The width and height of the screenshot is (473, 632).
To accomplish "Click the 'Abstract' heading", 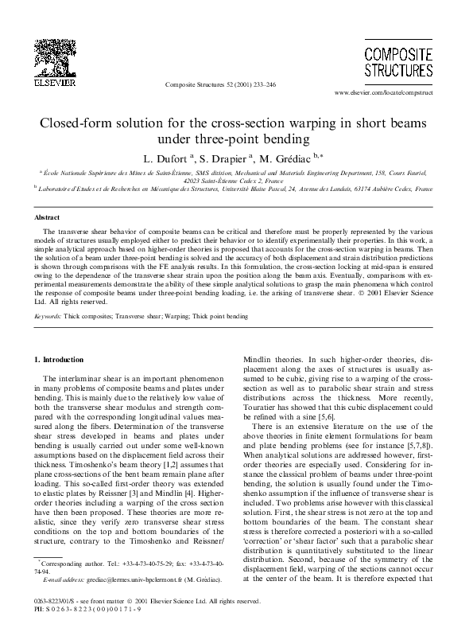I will pyautogui.click(x=48, y=217).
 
